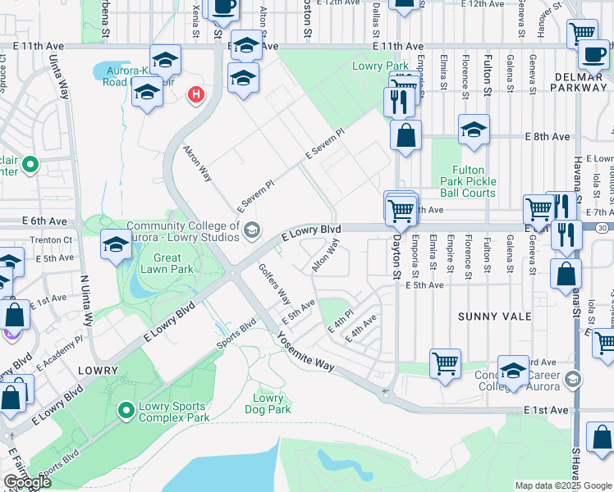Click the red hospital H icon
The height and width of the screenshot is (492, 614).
(195, 95)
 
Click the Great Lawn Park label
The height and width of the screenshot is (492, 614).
(167, 263)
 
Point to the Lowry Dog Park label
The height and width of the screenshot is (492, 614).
(268, 403)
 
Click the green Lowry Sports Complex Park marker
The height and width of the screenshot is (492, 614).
(126, 409)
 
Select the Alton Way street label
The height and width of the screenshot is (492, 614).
(325, 255)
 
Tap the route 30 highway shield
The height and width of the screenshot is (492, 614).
(603, 226)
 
